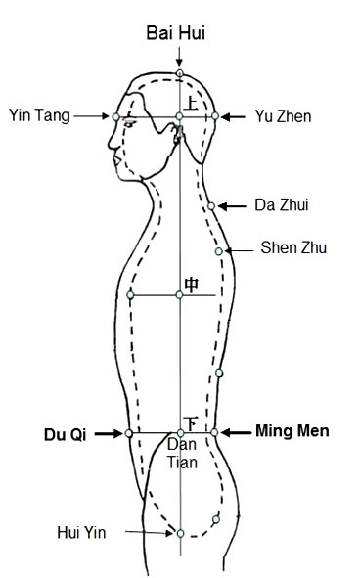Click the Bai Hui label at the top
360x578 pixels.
point(179,33)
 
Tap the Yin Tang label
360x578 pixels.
point(39,114)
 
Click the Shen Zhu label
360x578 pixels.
point(286,248)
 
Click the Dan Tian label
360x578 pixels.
point(181,454)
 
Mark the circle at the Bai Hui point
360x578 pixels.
point(180,73)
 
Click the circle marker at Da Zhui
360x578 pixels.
point(211,206)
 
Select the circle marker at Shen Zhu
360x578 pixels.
point(219,251)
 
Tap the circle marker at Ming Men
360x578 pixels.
point(214,431)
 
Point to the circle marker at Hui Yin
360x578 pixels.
point(180,533)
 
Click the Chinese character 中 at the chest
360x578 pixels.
point(192,284)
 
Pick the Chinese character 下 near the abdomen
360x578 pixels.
point(192,422)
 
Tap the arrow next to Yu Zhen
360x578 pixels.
point(236,116)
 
